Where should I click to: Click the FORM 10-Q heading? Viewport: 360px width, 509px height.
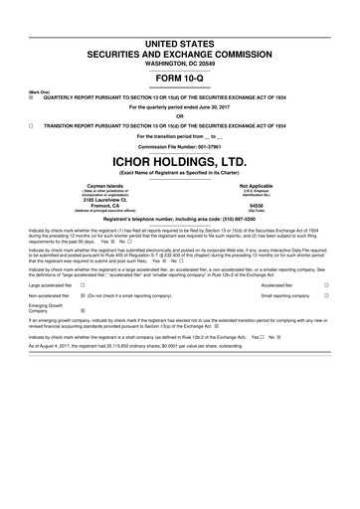pos(180,80)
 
